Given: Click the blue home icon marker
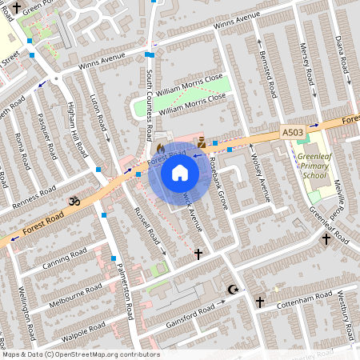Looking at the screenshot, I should point(180,172).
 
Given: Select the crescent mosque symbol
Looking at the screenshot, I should point(233,289).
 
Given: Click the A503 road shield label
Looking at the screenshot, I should point(293,132).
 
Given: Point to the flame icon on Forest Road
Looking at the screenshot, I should point(160,148).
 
